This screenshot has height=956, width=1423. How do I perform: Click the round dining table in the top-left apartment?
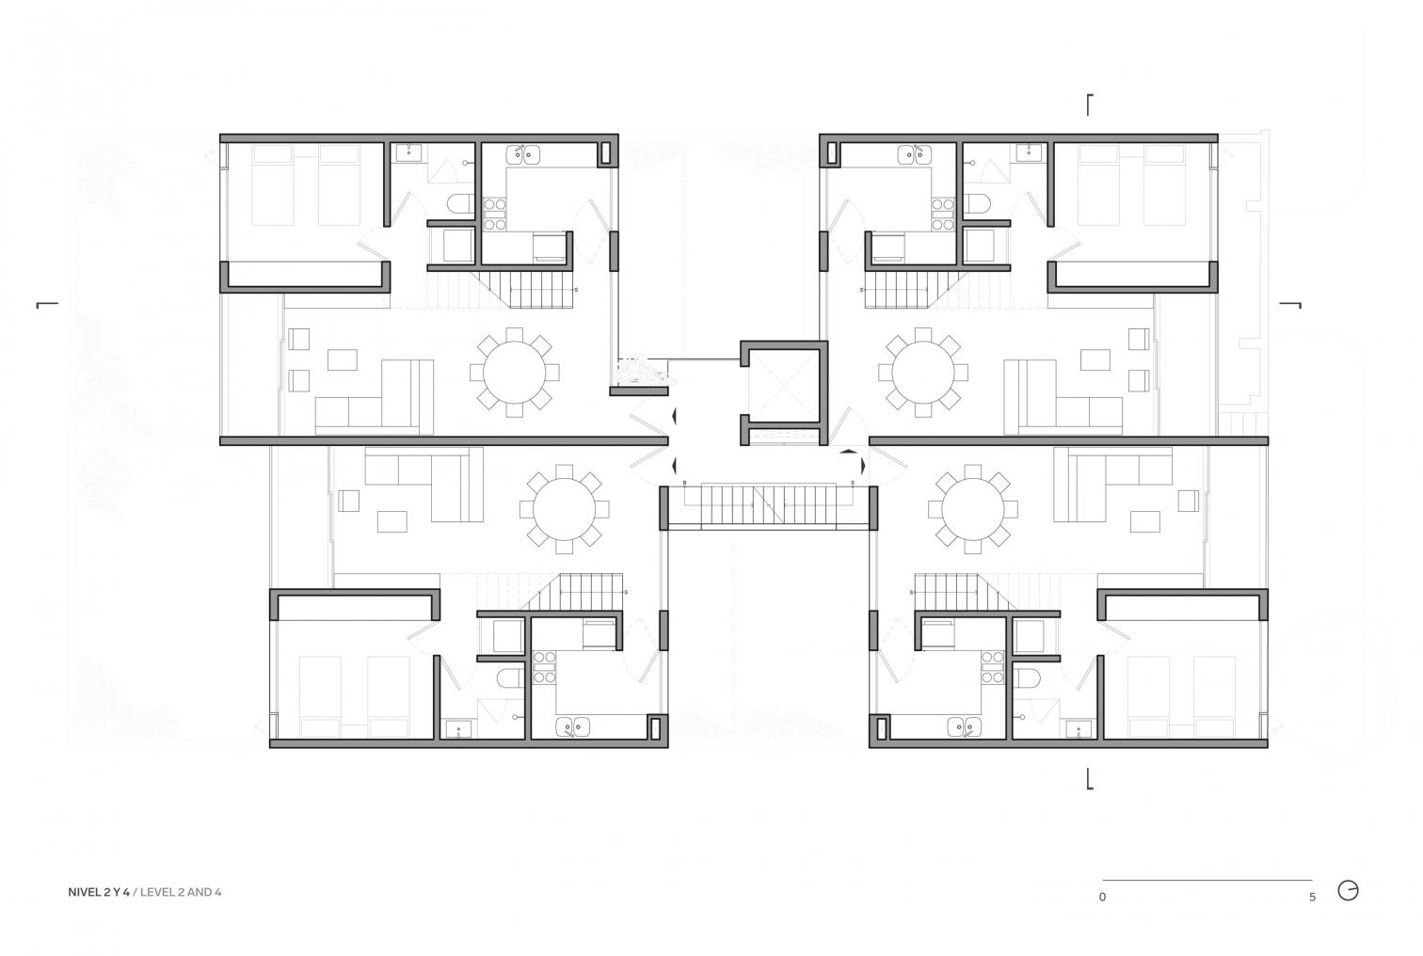[x=515, y=373]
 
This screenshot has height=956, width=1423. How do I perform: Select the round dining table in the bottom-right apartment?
[x=972, y=509]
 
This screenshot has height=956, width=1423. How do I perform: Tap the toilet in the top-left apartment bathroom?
[x=460, y=204]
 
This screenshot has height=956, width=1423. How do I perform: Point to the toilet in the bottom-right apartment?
[x=1027, y=677]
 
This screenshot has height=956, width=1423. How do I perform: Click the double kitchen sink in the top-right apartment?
[x=914, y=154]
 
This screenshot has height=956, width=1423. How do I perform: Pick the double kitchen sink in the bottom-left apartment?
[x=572, y=726]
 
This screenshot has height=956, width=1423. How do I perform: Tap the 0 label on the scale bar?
[x=1102, y=897]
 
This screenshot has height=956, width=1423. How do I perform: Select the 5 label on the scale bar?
[x=1312, y=897]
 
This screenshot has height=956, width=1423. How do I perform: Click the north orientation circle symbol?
[x=1348, y=890]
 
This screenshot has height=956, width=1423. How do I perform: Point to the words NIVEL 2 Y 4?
[x=99, y=892]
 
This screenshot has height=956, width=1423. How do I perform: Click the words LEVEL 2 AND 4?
[x=181, y=892]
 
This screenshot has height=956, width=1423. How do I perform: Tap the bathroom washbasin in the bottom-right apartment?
[x=1079, y=728]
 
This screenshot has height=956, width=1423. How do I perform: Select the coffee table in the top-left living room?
[x=343, y=359]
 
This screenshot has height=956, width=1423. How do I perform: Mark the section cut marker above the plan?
[x=1089, y=104]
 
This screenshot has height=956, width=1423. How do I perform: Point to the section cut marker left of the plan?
[x=47, y=304]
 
